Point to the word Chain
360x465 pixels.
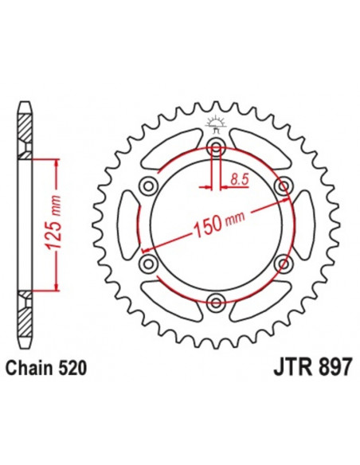pos(29,369)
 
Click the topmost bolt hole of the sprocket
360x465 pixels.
pos(215,147)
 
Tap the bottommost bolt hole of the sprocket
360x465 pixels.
pos(215,301)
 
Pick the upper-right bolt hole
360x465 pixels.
pos(281,186)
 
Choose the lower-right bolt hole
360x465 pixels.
pos(281,263)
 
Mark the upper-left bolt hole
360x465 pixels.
pos(148,186)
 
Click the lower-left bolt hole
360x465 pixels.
pos(148,263)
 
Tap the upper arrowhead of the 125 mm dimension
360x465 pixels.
pos(55,162)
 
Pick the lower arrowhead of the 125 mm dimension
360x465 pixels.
pos(55,287)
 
